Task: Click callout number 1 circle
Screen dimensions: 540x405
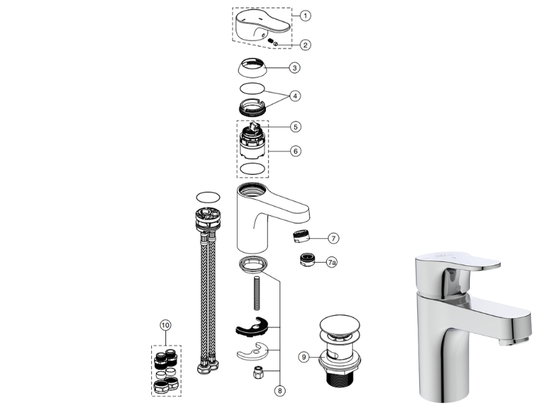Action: pos(305,16)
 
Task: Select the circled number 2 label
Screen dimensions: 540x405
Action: pos(305,45)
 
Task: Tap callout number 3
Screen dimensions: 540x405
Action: pos(294,68)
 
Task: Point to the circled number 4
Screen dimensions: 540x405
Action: pos(295,96)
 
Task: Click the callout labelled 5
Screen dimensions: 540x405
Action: pos(296,127)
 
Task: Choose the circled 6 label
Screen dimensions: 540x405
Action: pos(296,151)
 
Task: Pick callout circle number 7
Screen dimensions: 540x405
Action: pos(333,238)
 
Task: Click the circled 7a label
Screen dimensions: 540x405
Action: pos(331,263)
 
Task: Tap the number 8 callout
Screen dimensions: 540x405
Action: pos(279,391)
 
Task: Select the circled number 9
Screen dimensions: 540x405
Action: pos(304,357)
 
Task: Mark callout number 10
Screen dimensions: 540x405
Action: pos(165,325)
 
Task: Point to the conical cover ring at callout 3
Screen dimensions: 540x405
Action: pos(252,68)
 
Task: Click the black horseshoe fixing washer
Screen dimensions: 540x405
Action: pos(252,327)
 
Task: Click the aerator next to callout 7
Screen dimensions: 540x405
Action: pos(301,236)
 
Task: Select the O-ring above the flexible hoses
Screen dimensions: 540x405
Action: pos(208,198)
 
